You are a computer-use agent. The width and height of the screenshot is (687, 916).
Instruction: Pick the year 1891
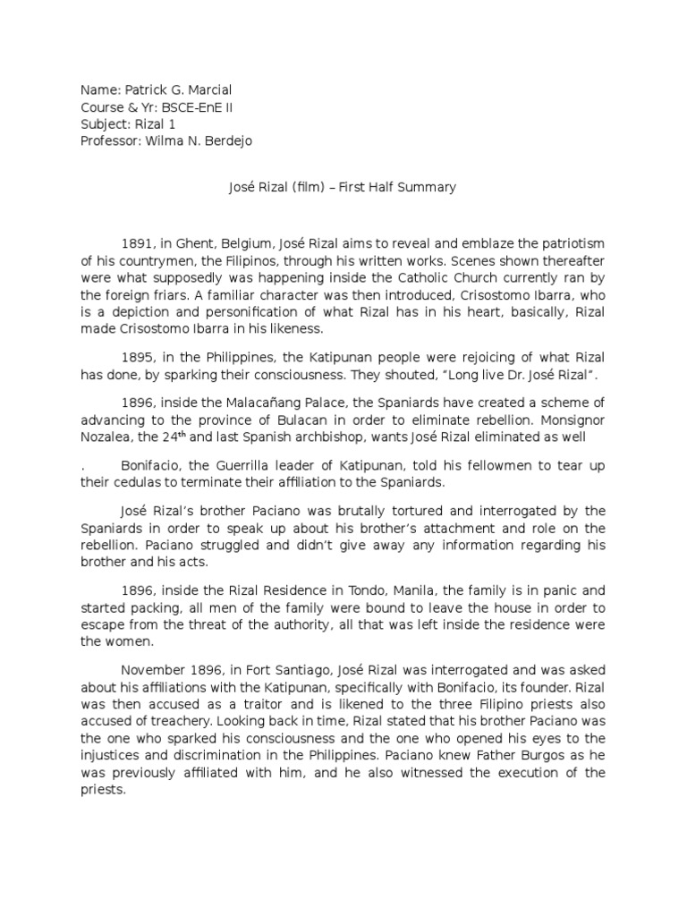pos(137,245)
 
